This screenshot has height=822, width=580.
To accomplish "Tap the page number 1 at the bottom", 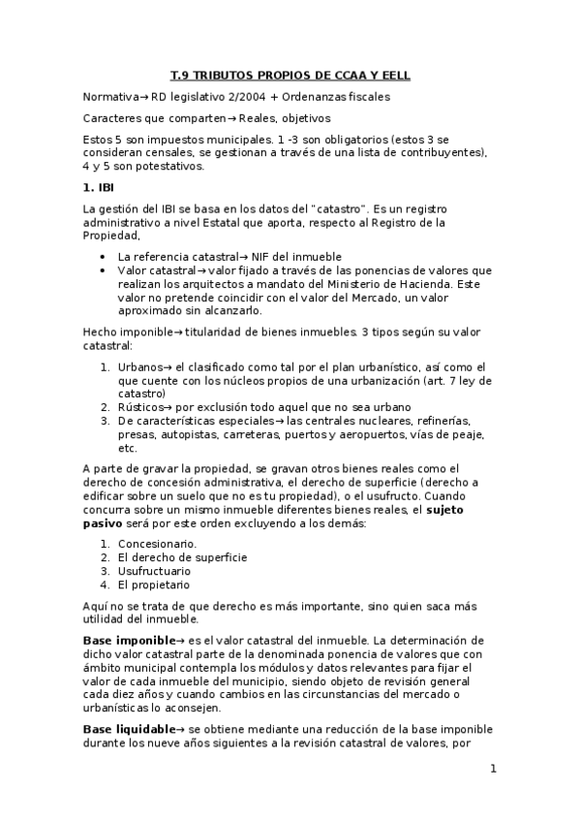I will pyautogui.click(x=493, y=769).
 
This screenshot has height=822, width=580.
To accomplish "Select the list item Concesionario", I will pyautogui.click(x=158, y=544).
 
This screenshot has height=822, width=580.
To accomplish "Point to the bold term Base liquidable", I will pyautogui.click(x=127, y=727).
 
